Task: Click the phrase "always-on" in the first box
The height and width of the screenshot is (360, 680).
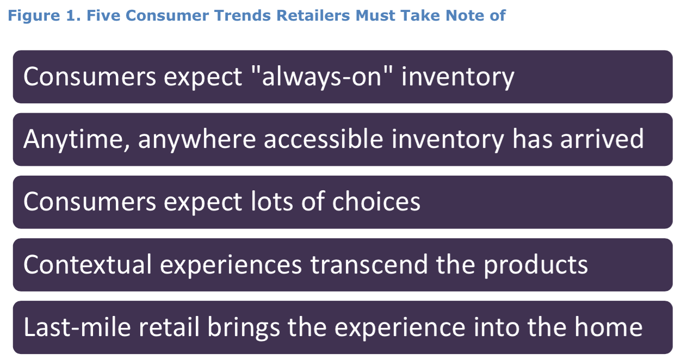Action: [322, 77]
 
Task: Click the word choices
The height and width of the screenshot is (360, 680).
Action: [376, 202]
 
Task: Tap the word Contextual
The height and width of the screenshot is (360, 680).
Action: [88, 265]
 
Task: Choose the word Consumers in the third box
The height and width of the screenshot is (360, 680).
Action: [89, 202]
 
